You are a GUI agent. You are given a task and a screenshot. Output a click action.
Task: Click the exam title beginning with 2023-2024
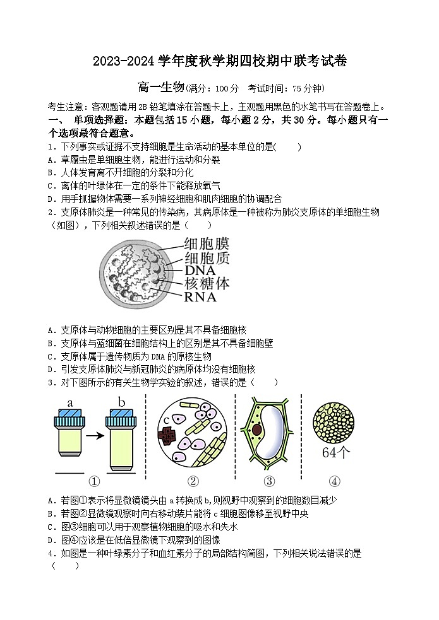220,61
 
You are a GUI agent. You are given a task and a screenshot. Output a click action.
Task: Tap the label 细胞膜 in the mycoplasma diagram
207,243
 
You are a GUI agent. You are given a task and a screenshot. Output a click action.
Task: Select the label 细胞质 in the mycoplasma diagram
207,257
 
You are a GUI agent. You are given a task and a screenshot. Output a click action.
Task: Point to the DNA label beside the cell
200,270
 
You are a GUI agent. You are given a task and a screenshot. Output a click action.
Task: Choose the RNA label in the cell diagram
200,296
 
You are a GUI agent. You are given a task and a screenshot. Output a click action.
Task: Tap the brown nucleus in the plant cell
257,430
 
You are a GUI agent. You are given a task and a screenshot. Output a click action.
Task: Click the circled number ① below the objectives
94,481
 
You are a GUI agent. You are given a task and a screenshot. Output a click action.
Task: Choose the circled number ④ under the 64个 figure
335,481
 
